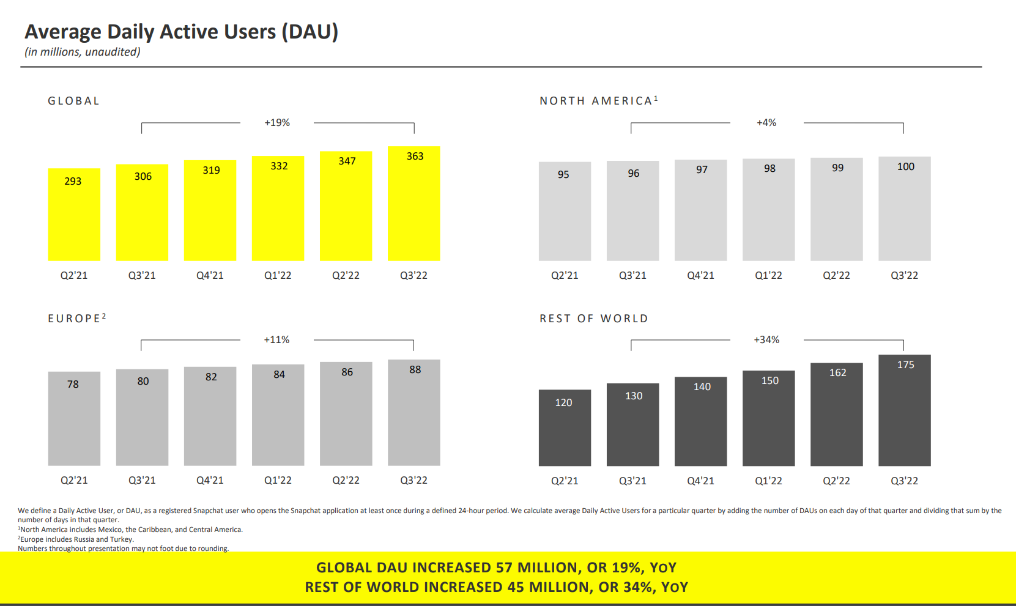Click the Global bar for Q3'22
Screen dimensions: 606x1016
click(x=413, y=204)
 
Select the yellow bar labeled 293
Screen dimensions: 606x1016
click(x=74, y=215)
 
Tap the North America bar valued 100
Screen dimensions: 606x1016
click(x=904, y=209)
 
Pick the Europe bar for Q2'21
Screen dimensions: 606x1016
click(x=74, y=418)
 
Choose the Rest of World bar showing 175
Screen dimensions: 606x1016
click(x=904, y=410)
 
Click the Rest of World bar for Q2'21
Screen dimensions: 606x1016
click(x=565, y=427)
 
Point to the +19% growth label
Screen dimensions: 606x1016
click(x=277, y=123)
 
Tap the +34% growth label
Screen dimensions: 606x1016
click(x=766, y=340)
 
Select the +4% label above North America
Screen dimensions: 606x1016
click(x=766, y=123)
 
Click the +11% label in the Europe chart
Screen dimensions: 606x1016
click(x=276, y=340)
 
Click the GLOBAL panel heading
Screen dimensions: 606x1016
click(x=73, y=101)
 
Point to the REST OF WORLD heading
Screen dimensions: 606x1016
click(x=593, y=319)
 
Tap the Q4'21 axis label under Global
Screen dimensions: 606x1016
click(x=210, y=276)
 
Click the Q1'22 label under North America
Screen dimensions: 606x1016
click(x=768, y=276)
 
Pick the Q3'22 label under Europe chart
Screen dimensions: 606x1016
click(x=413, y=481)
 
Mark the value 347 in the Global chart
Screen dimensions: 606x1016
click(x=347, y=161)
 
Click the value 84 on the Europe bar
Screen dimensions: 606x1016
click(x=279, y=375)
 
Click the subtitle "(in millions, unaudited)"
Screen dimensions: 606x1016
click(x=83, y=52)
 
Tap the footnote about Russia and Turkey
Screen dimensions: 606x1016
click(x=76, y=539)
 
